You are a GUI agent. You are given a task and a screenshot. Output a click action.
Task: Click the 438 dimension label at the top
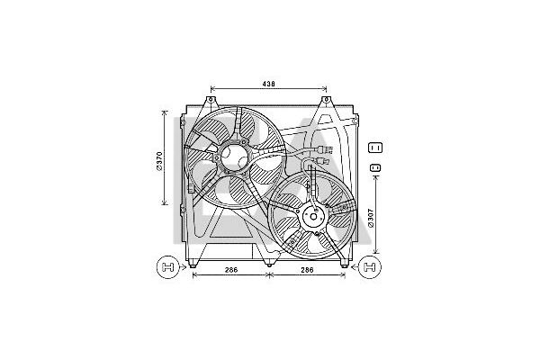point(268,84)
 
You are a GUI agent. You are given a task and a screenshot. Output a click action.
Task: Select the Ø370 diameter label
point(159,159)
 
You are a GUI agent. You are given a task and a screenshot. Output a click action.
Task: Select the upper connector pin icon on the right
point(376,148)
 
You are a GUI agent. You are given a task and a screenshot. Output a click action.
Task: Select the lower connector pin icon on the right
point(376,167)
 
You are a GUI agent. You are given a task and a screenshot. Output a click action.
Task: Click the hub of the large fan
point(235,157)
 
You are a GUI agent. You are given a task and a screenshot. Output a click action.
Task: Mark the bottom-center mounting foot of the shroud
point(269,262)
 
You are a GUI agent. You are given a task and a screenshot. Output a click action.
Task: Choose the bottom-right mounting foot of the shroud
point(344,262)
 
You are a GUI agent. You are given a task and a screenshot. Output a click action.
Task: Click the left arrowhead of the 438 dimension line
point(212,89)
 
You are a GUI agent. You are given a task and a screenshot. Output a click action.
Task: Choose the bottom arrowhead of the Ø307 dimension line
point(375,254)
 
